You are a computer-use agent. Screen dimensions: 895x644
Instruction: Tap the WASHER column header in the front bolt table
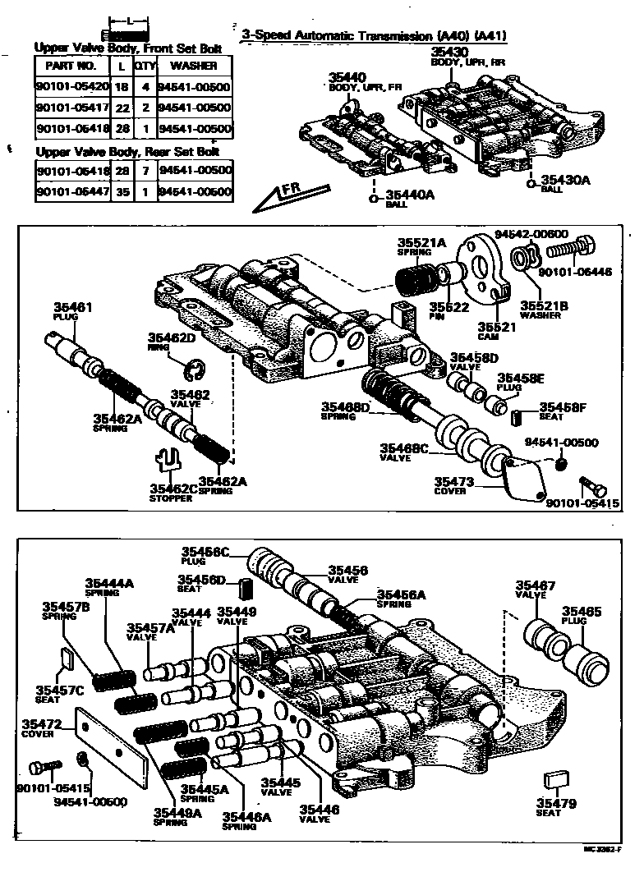194,65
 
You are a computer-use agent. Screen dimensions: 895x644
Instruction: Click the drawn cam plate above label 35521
480,266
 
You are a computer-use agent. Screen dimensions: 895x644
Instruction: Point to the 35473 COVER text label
451,485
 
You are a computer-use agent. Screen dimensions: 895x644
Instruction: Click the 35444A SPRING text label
109,588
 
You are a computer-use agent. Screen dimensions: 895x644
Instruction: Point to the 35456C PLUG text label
205,556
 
